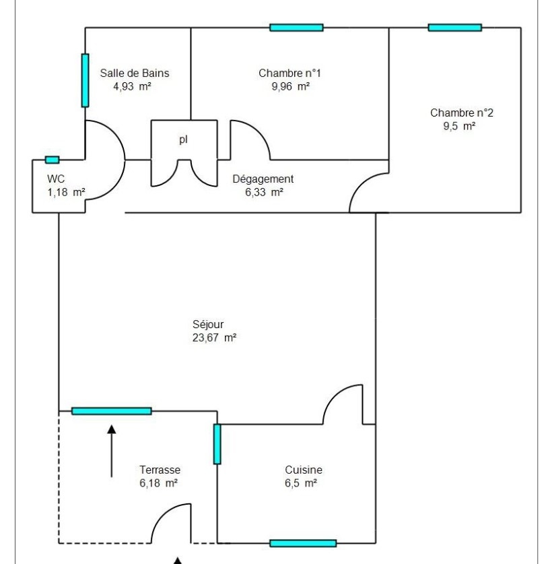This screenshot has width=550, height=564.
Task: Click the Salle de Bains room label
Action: (135, 73)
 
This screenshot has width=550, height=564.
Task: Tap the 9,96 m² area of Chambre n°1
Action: (291, 86)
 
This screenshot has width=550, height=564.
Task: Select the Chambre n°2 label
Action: (462, 113)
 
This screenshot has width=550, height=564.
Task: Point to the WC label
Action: (56, 179)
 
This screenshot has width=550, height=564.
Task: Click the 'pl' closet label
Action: (183, 139)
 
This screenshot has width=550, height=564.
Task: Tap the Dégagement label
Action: (263, 179)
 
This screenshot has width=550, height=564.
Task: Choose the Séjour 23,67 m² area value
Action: (215, 338)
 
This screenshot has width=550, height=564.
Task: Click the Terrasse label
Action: (160, 470)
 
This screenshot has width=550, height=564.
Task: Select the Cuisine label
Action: (304, 470)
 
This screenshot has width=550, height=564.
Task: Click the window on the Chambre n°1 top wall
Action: (296, 28)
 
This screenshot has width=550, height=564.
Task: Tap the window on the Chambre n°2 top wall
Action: (455, 28)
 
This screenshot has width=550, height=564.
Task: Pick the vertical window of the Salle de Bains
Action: (85, 81)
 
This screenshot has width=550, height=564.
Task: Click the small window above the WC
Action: (52, 160)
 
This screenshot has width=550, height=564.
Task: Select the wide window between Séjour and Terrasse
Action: (112, 411)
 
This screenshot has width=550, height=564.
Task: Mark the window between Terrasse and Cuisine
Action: (217, 444)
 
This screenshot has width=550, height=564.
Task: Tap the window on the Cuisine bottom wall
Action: (303, 543)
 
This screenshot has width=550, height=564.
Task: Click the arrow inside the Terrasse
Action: (112, 451)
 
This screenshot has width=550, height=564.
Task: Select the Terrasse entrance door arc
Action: (163, 515)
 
